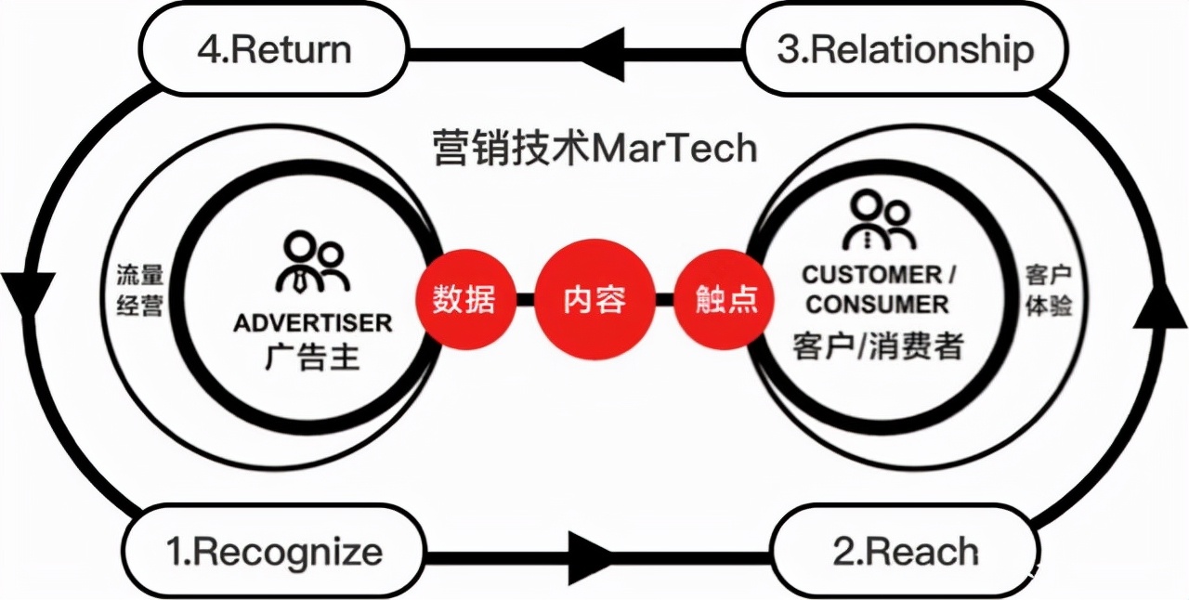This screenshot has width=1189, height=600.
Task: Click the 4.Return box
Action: tap(274, 48)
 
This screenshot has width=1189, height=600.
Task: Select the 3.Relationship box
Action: tap(905, 48)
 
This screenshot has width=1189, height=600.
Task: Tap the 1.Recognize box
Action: tap(274, 551)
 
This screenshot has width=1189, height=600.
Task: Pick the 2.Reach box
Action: tap(905, 551)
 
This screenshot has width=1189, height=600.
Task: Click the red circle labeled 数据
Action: tap(463, 299)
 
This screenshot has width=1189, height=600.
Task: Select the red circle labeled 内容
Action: tap(594, 299)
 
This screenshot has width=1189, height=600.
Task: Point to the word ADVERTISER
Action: tap(312, 323)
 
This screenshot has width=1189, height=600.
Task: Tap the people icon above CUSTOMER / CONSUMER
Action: tap(878, 219)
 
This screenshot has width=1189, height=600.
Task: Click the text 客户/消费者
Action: tap(878, 346)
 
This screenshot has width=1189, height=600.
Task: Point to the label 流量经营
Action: tap(140, 291)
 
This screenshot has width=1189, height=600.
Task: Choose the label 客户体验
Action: tap(1049, 291)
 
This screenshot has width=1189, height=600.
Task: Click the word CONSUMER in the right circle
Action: tap(878, 304)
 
